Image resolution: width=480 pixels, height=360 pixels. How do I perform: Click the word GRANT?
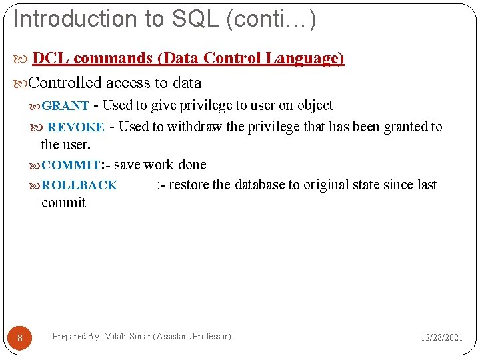click(x=65, y=106)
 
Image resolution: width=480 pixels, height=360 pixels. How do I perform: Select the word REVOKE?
click(x=76, y=127)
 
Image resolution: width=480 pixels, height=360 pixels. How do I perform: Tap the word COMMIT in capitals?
click(x=70, y=165)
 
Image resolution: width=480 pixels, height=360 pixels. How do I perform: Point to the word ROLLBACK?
click(x=79, y=185)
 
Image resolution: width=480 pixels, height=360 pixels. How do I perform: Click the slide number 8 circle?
click(x=20, y=339)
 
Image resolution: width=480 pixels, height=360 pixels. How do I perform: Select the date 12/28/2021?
click(x=441, y=338)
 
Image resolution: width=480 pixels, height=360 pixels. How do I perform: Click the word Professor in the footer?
click(x=210, y=337)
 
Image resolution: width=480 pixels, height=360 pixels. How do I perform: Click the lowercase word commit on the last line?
click(x=63, y=203)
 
